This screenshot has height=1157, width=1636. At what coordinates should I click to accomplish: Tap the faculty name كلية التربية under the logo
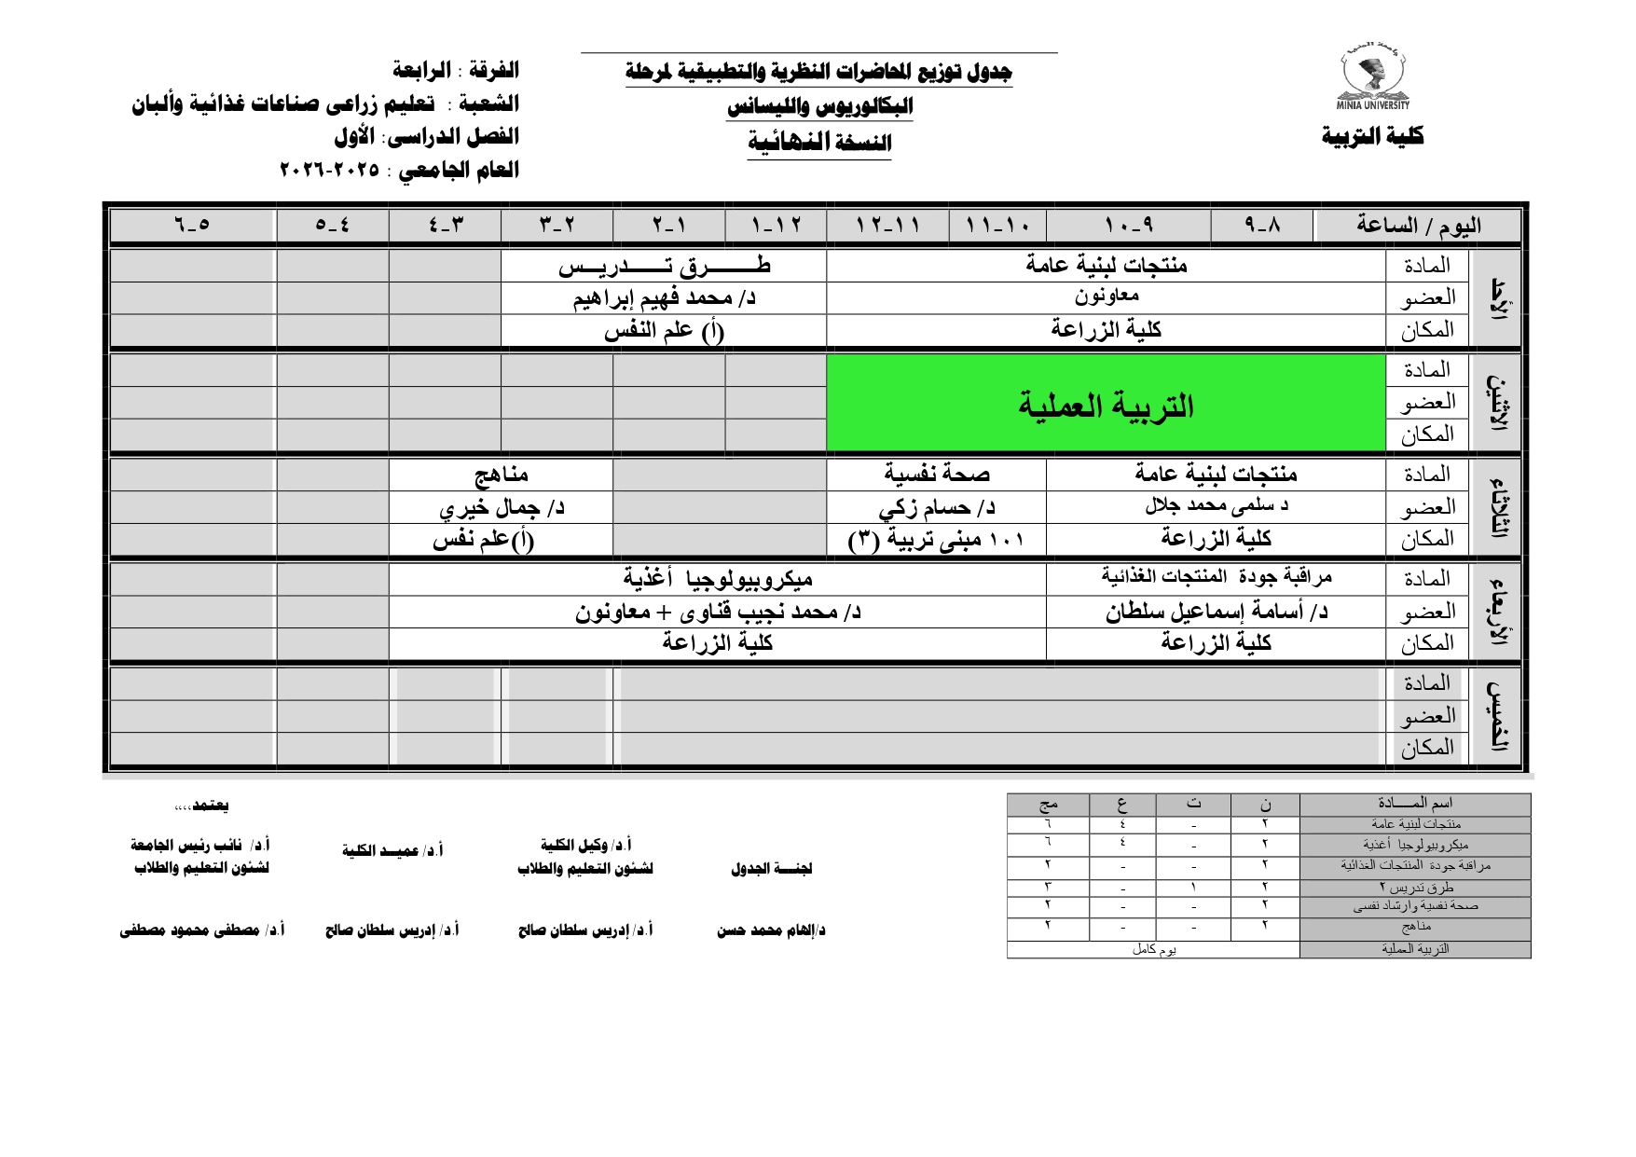pos(1372,136)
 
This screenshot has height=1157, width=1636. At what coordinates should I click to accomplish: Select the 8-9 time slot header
pos(1262,226)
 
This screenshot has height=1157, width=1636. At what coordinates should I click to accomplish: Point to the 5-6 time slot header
pos(192,226)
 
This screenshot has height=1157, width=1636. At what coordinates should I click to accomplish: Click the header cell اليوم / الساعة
pos(1418,226)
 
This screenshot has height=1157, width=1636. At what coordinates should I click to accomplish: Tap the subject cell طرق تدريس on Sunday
pos(664,267)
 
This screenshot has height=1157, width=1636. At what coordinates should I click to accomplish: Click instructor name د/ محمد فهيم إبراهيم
pos(664,298)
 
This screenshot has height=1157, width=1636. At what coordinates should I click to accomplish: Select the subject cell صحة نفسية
pos(936,475)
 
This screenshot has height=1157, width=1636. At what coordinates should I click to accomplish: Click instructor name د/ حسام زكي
pos(936,507)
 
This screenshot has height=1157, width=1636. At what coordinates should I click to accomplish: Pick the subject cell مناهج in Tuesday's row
pos(501,475)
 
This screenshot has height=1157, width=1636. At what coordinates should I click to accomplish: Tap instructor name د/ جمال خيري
pos(501,507)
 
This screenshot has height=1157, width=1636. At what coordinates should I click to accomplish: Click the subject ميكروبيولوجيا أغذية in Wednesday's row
pos(717,579)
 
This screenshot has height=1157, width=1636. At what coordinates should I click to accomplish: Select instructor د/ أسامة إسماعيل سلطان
pos(1216,612)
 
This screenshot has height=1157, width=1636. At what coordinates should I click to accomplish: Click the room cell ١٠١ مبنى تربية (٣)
pos(936,540)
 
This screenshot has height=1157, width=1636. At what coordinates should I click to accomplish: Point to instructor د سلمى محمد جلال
pos(1216,506)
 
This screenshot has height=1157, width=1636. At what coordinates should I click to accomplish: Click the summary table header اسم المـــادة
pos(1414,804)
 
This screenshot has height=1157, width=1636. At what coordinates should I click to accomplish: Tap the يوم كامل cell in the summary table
pos(1153,949)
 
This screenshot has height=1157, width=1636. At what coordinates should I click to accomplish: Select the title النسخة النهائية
pos(819,143)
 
